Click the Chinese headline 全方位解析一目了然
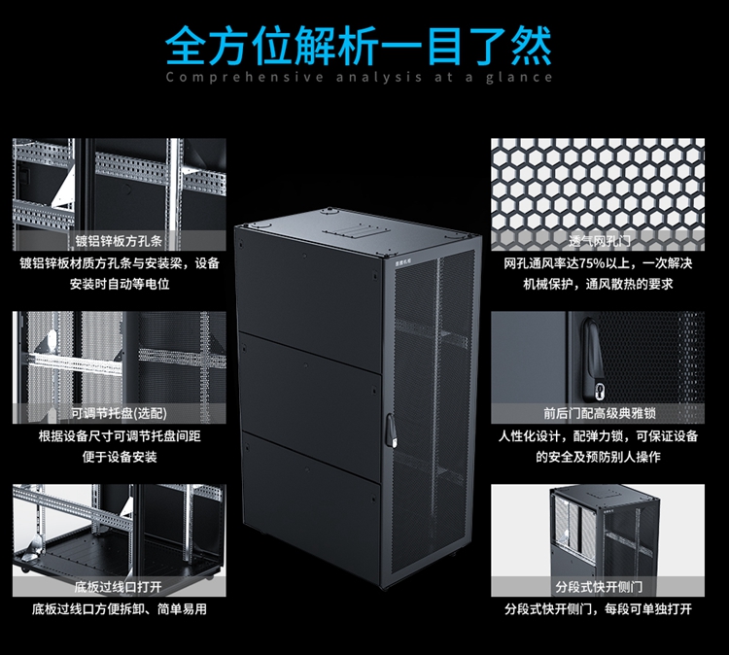tap(359, 43)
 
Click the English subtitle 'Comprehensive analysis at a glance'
tap(359, 78)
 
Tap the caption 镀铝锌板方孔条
tap(119, 241)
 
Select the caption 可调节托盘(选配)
tap(119, 414)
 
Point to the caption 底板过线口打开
tap(119, 588)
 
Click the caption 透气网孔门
tap(597, 241)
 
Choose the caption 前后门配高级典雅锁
tap(597, 412)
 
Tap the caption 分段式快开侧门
tap(597, 587)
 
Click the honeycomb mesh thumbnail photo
tap(597, 190)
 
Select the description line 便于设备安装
tap(119, 457)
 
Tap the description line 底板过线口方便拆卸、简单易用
tap(119, 609)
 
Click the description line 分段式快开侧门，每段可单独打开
tap(597, 609)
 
